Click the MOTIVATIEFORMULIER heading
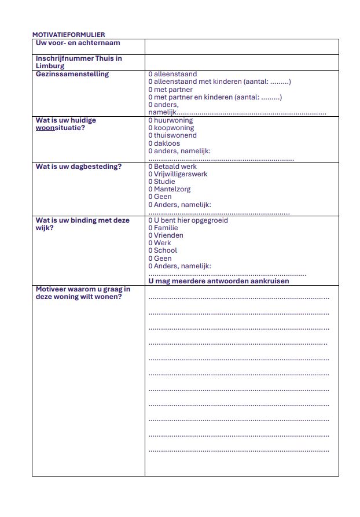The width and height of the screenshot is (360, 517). (x=68, y=35)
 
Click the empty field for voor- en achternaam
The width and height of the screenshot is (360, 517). (x=241, y=46)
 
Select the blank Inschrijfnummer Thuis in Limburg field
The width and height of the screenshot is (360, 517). (x=241, y=62)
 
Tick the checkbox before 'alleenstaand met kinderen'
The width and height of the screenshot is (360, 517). (x=150, y=82)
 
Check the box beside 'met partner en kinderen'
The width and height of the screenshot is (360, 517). (x=150, y=97)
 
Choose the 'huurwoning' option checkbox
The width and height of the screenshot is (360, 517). (x=150, y=120)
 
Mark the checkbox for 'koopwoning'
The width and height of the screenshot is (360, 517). (x=150, y=128)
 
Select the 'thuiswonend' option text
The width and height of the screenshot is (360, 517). (x=175, y=135)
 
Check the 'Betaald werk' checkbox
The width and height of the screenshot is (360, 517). (x=150, y=167)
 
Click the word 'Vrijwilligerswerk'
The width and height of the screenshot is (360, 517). (x=181, y=174)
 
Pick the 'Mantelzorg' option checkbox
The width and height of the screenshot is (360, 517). (x=150, y=189)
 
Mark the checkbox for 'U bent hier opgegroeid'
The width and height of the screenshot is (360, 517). (x=150, y=220)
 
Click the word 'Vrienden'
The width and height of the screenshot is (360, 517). (x=168, y=235)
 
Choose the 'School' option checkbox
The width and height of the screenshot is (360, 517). (x=150, y=250)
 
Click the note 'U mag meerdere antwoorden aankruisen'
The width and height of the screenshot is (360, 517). (x=219, y=281)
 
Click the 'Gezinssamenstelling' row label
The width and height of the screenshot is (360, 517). (x=72, y=74)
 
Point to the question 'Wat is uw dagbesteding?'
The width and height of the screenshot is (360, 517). (x=79, y=167)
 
